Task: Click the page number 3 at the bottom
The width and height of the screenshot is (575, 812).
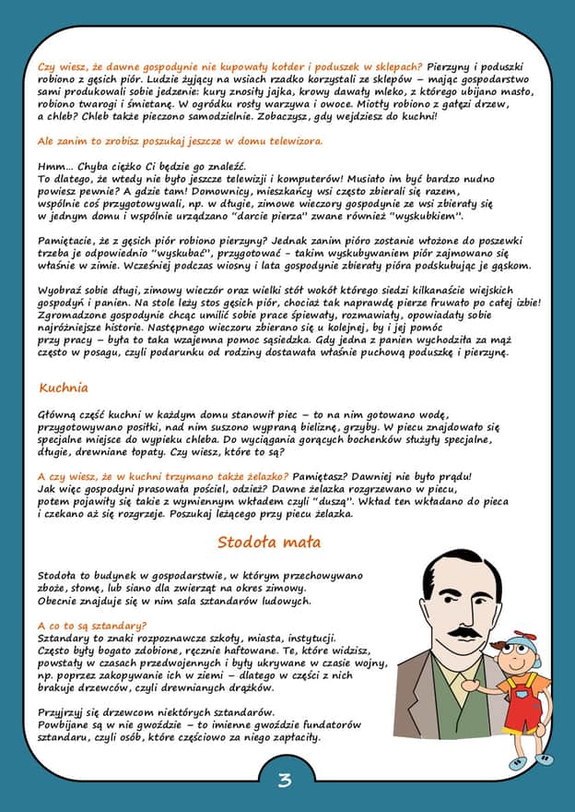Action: (285, 781)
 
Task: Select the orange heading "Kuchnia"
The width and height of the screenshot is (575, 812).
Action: (64, 388)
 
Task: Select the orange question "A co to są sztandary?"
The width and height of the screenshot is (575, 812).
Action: (92, 627)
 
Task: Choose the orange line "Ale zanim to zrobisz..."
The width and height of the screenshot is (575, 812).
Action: (180, 141)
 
